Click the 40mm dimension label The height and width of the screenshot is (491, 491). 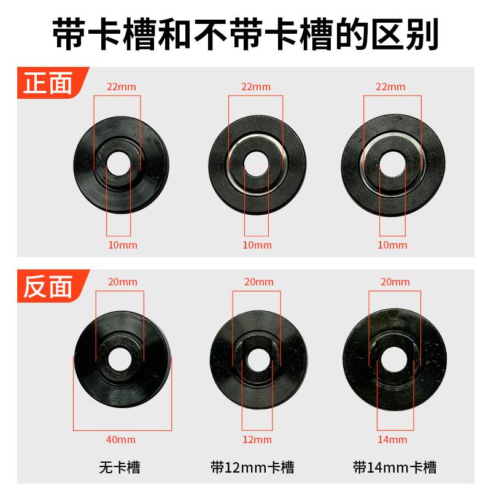(x=122, y=439)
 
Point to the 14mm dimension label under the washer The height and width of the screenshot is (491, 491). (x=393, y=439)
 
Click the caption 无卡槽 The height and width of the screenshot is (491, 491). (x=120, y=468)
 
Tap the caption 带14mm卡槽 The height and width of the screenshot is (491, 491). (x=395, y=468)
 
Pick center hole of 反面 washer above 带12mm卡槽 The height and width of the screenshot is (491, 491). (x=257, y=360)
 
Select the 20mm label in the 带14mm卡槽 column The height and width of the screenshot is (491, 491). (x=395, y=282)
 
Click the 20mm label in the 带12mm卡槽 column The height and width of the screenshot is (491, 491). (x=258, y=282)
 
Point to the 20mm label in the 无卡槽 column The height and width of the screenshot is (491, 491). (x=122, y=282)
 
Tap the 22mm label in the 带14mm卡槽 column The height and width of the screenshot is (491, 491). (x=391, y=87)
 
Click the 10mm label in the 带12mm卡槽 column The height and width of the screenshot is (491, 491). (x=257, y=245)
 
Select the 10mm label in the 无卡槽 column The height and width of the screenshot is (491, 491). (x=122, y=245)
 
